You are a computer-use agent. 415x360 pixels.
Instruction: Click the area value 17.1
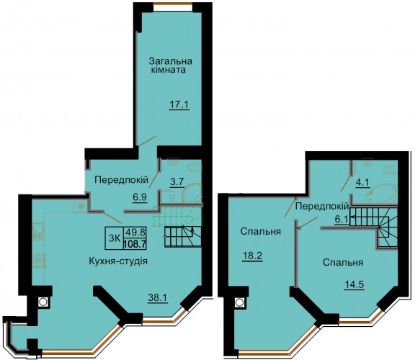pos(179,105)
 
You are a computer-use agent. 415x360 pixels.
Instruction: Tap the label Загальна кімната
pos(171,66)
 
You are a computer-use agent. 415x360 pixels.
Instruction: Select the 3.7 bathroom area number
pos(177,182)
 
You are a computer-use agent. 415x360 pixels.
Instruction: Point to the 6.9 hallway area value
pos(140,197)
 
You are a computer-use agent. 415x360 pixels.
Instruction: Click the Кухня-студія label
pos(118,261)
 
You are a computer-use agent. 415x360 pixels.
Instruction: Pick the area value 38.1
pos(157,298)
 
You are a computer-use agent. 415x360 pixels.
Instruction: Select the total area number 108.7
pos(135,244)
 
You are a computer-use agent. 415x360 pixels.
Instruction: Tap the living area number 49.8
pos(135,233)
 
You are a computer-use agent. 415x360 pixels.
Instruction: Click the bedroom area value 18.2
pos(252,256)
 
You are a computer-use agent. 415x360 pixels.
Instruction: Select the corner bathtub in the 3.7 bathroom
pos(192,194)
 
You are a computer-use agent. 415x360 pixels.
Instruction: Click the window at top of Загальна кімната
pos(173,4)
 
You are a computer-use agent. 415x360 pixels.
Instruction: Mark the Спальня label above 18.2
pos(260,232)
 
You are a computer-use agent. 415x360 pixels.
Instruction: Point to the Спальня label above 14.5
pos(343,263)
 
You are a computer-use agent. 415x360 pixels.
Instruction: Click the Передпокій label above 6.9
pos(122,181)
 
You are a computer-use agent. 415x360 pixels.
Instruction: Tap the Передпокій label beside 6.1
pos(322,206)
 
